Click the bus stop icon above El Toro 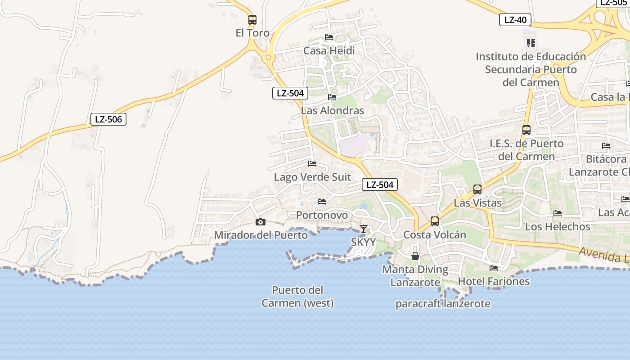click(x=252, y=20)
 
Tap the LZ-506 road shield click(x=108, y=119)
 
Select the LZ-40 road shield click(x=515, y=20)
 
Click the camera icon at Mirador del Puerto click(x=260, y=222)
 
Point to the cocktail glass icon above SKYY click(x=364, y=229)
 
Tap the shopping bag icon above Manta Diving click(x=415, y=256)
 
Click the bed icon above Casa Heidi click(x=329, y=37)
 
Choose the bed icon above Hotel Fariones click(x=494, y=268)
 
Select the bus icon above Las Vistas click(x=477, y=189)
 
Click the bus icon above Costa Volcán click(x=435, y=221)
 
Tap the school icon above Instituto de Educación click(x=531, y=43)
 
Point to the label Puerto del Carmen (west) click(x=298, y=297)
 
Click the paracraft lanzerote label click(x=443, y=304)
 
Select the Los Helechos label click(x=558, y=226)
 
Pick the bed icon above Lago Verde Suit click(x=312, y=164)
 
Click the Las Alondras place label click(x=333, y=111)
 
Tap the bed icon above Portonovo click(x=322, y=202)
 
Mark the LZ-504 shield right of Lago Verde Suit click(x=380, y=184)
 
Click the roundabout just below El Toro click(x=269, y=57)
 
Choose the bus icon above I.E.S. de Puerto click(x=526, y=130)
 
